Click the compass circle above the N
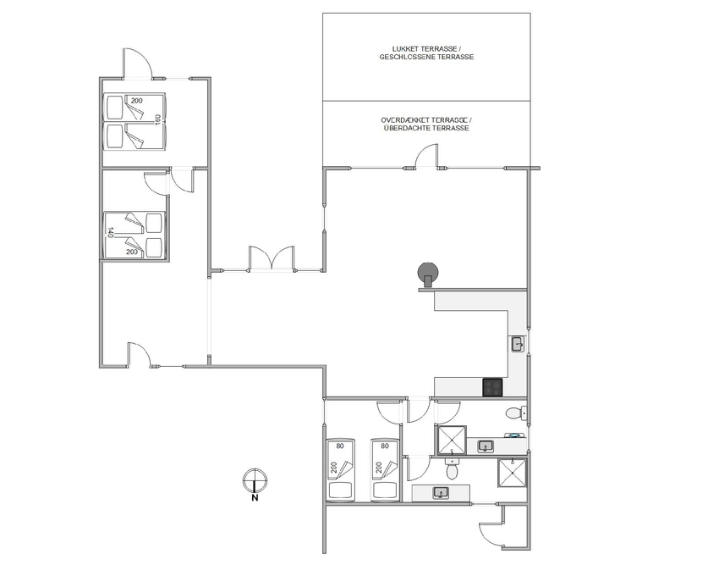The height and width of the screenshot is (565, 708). (x=255, y=480)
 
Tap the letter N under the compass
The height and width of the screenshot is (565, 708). (x=255, y=498)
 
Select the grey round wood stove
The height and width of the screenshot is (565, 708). (x=428, y=274)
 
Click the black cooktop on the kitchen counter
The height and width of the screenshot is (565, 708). (x=492, y=387)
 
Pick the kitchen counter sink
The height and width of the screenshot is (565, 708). (x=518, y=344)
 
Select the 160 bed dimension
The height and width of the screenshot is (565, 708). (x=157, y=120)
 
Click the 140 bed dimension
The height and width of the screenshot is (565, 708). (x=110, y=233)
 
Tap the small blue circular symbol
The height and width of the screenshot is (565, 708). (x=513, y=435)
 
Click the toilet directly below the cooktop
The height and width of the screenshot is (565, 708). (x=513, y=413)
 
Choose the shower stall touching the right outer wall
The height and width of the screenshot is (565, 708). (x=512, y=473)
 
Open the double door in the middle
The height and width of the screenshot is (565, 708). (x=272, y=258)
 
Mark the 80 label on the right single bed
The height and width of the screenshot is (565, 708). (x=385, y=446)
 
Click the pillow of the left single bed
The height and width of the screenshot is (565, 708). (x=341, y=490)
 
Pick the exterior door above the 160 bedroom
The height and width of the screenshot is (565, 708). (x=138, y=64)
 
